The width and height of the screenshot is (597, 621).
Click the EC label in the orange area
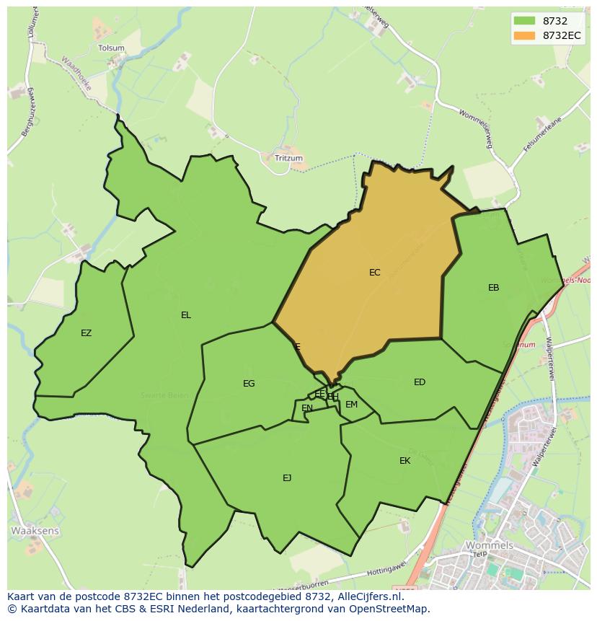click(374, 273)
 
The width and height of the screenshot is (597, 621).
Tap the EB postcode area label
click(493, 288)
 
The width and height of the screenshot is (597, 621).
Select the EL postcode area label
click(186, 315)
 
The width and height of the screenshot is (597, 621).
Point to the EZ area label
click(87, 333)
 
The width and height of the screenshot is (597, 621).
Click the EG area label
click(249, 384)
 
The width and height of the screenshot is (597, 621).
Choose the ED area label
click(420, 382)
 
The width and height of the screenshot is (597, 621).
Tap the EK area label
click(404, 461)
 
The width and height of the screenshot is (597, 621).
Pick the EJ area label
click(287, 477)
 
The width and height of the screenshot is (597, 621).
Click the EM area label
click(351, 405)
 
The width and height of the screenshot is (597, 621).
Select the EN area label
click(307, 408)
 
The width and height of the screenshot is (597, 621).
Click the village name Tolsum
click(111, 48)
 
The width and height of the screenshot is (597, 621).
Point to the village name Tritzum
click(289, 158)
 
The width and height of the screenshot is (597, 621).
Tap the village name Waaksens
click(35, 531)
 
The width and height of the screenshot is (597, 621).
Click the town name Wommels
click(490, 545)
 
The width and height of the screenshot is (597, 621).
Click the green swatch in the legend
click(524, 21)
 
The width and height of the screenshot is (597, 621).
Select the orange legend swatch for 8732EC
click(524, 35)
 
